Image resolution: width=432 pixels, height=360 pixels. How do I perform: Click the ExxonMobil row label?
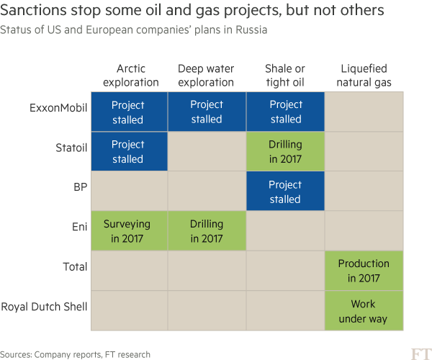[58, 109]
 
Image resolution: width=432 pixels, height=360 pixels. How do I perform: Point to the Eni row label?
[79, 228]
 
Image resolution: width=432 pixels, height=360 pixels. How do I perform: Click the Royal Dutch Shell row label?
[45, 307]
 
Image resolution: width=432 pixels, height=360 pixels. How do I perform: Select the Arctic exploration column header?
[131, 76]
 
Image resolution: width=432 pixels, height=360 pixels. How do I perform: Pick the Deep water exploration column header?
[207, 76]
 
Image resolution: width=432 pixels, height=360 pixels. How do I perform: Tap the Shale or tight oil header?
[285, 76]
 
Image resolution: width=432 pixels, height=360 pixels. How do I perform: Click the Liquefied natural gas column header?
[364, 76]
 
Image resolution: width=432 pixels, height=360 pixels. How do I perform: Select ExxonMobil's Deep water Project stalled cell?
[207, 112]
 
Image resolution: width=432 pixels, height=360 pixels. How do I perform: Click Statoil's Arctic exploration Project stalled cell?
[128, 151]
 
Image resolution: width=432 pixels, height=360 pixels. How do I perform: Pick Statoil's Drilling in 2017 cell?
[285, 151]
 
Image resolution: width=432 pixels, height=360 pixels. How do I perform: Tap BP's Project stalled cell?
[285, 191]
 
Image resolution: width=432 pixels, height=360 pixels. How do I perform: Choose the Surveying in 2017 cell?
[128, 230]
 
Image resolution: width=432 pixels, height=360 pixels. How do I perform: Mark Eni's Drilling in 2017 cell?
[207, 230]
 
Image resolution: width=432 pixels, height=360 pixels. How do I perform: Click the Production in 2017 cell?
[364, 271]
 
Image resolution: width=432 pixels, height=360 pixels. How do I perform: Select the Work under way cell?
[364, 310]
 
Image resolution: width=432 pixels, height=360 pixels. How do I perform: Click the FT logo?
[420, 353]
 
